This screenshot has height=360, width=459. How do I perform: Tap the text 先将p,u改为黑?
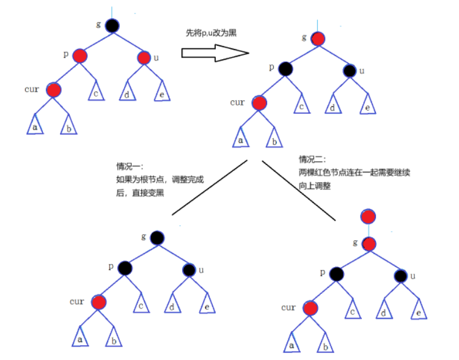point(211,35)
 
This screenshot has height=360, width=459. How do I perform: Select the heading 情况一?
point(129,167)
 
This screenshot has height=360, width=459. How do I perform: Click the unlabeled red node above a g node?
point(369,216)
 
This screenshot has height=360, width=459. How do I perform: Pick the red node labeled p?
point(79,56)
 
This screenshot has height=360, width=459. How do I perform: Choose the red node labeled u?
point(144,58)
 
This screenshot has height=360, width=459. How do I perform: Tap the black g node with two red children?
point(111,26)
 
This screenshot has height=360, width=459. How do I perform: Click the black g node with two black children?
point(157,238)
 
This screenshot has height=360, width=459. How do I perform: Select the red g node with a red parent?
point(369,244)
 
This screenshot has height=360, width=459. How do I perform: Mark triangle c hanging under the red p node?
point(96,92)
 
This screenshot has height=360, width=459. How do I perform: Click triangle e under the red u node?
point(161,94)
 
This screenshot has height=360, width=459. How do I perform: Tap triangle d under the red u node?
point(127,94)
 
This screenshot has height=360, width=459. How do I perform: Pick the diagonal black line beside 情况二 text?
point(299,190)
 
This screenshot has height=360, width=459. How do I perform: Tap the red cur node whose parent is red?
point(54,90)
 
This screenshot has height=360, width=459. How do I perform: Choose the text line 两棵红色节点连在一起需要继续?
point(354,173)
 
